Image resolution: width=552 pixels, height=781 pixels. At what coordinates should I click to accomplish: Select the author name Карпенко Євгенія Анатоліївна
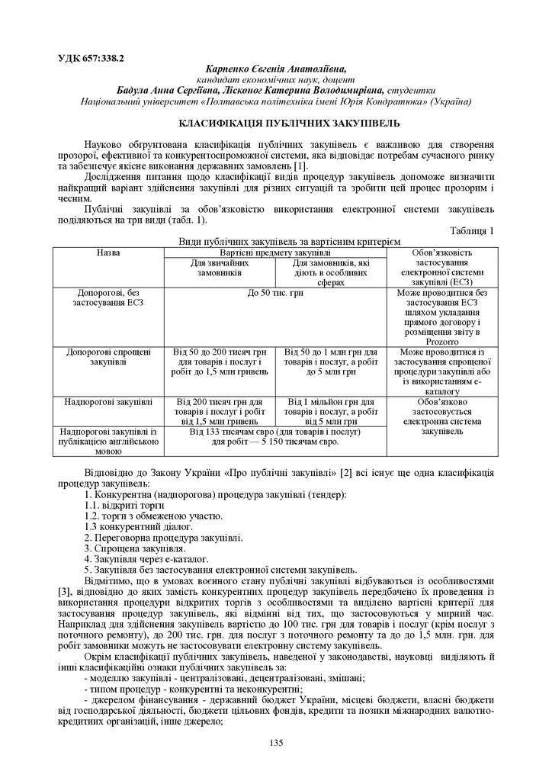coord(275,68)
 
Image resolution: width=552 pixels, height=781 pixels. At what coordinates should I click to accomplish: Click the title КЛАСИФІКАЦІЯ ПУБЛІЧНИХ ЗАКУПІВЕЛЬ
coord(275,123)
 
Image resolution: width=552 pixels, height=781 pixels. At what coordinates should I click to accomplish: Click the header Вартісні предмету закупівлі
coord(275,252)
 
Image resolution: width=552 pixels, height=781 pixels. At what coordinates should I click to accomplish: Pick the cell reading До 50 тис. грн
coord(275,293)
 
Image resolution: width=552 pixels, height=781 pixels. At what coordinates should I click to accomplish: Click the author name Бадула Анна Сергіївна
coord(163,89)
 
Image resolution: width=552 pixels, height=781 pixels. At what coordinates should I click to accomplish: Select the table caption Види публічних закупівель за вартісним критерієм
coord(275,241)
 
